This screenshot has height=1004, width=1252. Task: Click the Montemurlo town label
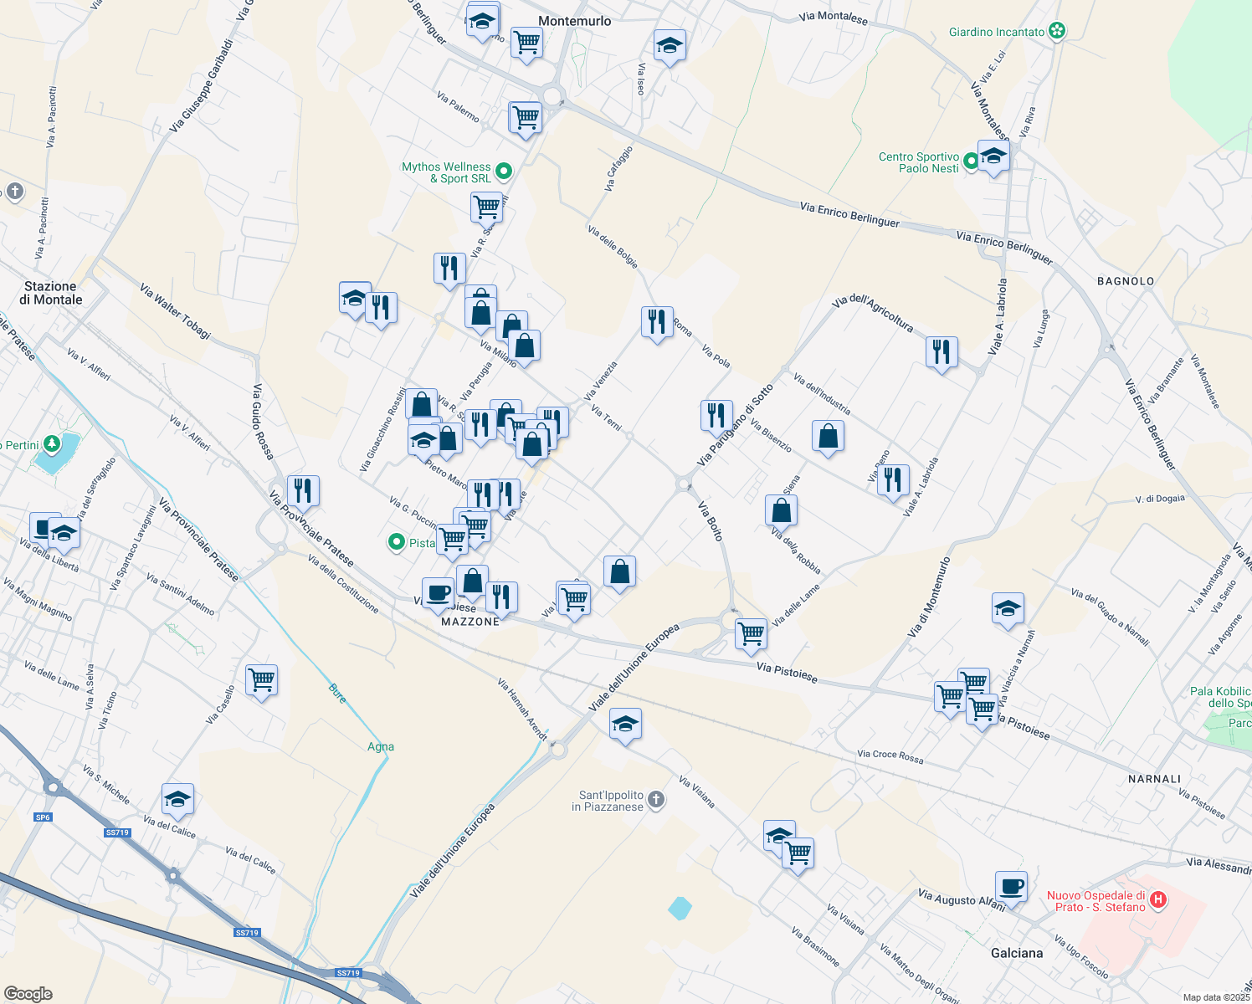575,21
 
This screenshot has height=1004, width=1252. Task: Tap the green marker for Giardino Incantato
1057,32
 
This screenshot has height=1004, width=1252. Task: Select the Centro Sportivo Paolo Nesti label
918,162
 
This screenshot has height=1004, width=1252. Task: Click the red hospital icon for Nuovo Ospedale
1158,900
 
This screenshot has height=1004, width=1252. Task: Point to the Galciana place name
1017,953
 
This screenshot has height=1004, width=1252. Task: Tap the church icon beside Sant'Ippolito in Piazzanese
656,801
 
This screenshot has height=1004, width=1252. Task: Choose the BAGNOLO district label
1126,281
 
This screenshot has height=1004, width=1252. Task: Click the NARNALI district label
1154,779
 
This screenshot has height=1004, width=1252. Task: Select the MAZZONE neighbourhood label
470,622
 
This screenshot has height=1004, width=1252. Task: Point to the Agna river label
381,746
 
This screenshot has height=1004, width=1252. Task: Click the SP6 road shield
43,817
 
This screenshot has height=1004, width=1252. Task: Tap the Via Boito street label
711,520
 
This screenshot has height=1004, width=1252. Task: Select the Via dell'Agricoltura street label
873,312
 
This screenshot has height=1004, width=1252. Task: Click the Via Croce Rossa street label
890,756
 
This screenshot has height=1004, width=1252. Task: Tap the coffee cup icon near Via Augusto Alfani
1011,886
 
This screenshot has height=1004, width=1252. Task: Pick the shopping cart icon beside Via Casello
261,679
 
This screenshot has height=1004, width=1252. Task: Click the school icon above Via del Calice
177,799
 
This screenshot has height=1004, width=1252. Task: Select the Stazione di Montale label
53,293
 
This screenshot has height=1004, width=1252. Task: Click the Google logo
28,993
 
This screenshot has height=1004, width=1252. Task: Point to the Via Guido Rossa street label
263,422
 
